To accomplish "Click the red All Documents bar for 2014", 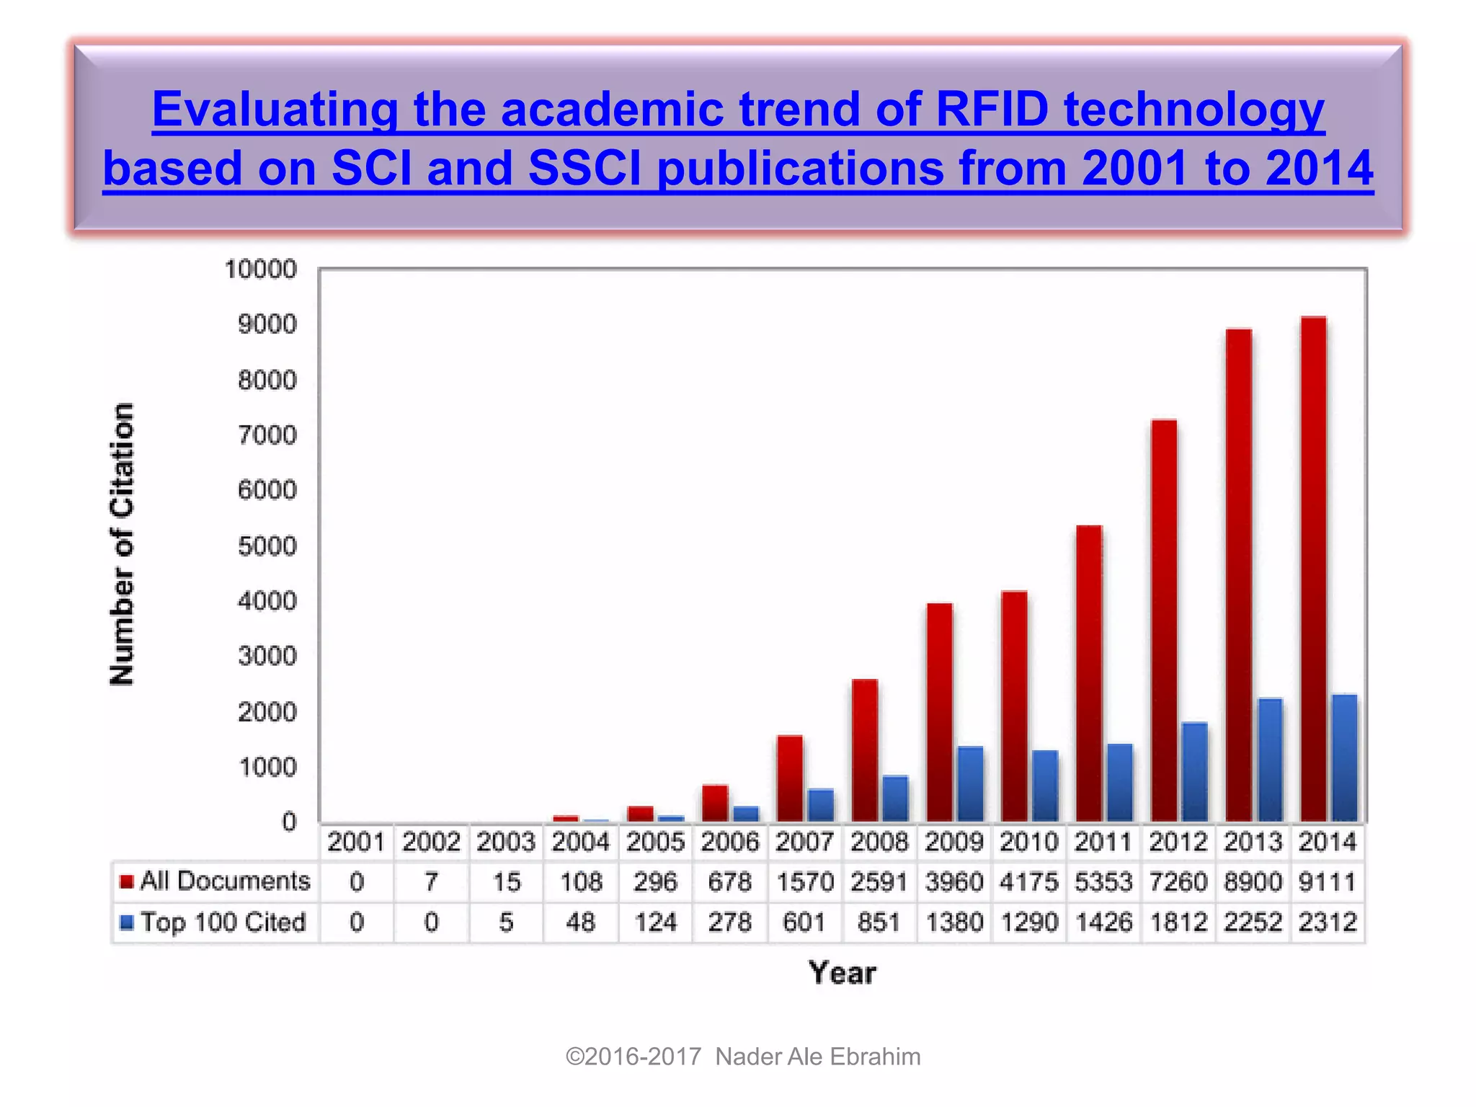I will tap(1313, 569).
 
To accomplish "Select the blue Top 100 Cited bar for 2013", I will tap(1269, 760).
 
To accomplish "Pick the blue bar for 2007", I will tap(821, 805).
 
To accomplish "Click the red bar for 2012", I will tap(1164, 620).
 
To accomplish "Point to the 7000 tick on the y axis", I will tap(267, 435).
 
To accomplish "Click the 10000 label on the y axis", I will tap(260, 270).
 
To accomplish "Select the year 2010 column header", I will tap(1028, 842).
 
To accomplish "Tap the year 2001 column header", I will tap(356, 842).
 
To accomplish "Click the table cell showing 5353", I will tap(1103, 882).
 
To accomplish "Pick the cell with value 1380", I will tap(954, 922).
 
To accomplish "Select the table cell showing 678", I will tap(729, 882).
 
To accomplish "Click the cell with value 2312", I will tap(1328, 922).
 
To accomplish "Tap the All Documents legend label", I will tap(225, 881).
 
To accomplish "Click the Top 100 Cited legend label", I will tap(223, 922).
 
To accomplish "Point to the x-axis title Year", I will tap(842, 973).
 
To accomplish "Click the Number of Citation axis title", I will tap(123, 544).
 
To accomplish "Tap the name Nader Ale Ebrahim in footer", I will tap(817, 1057).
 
